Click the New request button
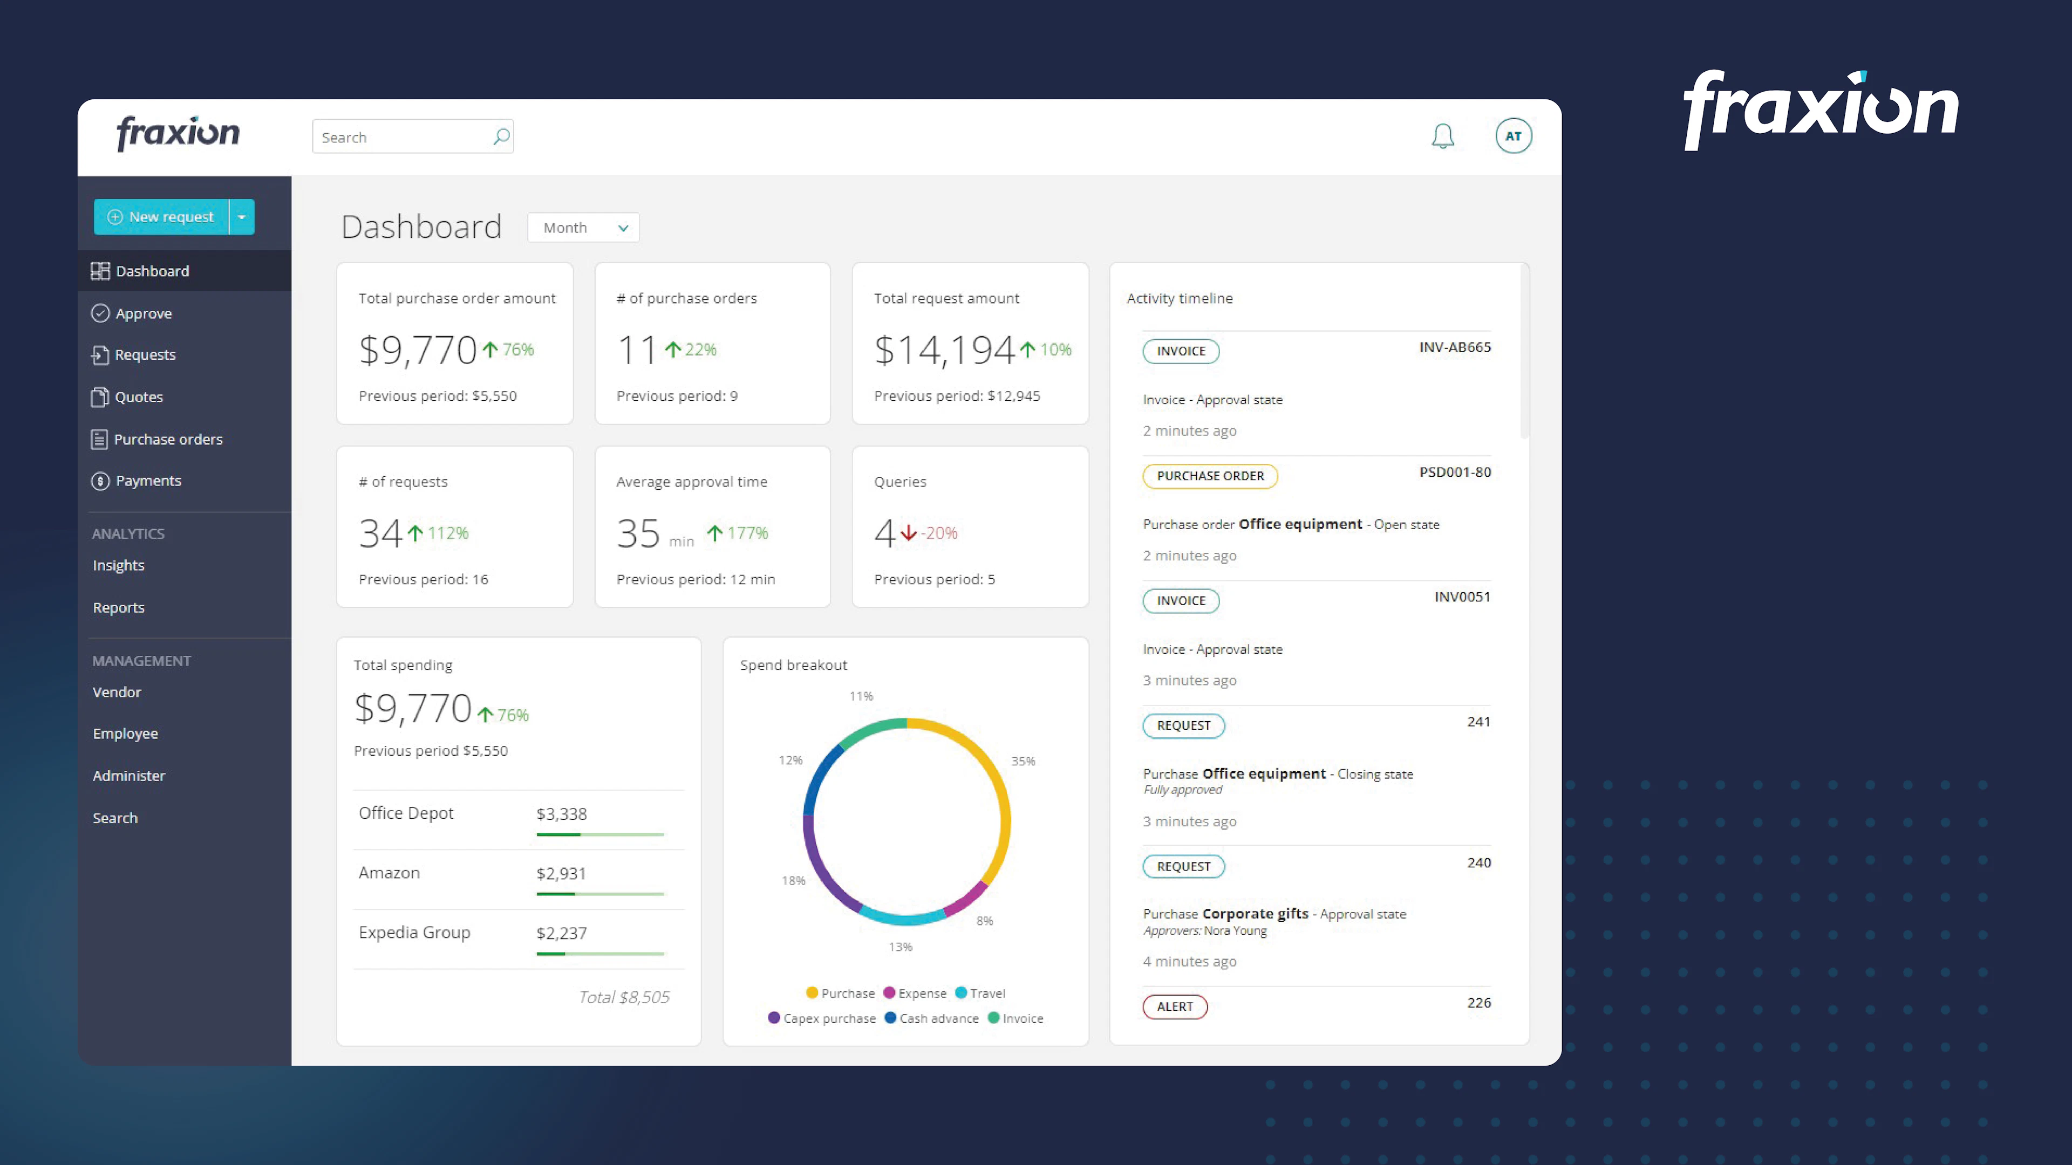click(x=162, y=217)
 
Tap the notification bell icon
click(x=1442, y=136)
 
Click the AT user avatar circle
click(x=1513, y=136)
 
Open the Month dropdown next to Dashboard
click(x=584, y=228)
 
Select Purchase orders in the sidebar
click(x=168, y=439)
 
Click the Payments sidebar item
click(x=148, y=481)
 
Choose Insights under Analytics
click(x=118, y=565)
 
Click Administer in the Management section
click(x=129, y=776)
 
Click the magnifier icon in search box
click(x=501, y=136)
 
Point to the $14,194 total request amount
click(x=944, y=349)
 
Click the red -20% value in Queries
click(x=939, y=533)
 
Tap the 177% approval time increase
click(x=747, y=533)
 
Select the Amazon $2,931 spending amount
click(x=561, y=873)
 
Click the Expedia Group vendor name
click(x=414, y=933)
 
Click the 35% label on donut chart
click(x=1023, y=762)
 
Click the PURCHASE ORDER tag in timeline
click(x=1210, y=476)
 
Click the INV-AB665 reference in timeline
click(x=1454, y=347)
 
